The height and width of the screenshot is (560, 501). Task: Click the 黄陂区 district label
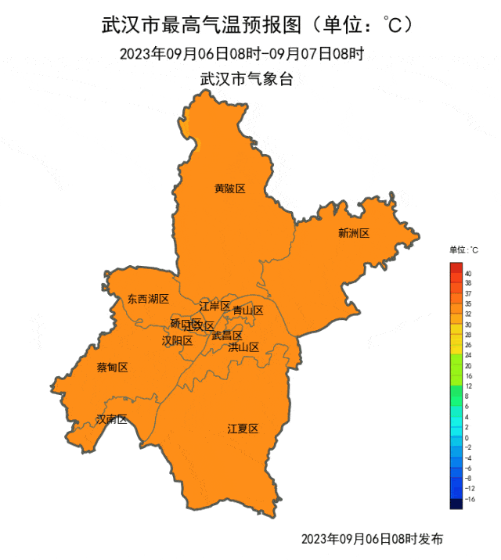click(230, 188)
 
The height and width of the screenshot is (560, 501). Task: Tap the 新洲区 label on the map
click(353, 232)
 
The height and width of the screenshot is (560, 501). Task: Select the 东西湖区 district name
click(148, 299)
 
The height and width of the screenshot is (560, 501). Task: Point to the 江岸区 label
click(214, 306)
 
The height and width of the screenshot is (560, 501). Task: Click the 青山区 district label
click(248, 311)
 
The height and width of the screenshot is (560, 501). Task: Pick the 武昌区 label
click(227, 336)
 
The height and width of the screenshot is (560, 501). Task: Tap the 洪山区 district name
click(243, 346)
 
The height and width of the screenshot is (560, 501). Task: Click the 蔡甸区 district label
click(112, 368)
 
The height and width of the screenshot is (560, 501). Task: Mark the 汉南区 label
click(111, 419)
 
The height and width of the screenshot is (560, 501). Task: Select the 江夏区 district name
click(243, 429)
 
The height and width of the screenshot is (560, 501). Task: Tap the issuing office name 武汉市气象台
click(247, 79)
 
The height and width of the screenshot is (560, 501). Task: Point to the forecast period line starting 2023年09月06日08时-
click(242, 53)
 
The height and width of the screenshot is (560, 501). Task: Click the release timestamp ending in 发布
click(372, 539)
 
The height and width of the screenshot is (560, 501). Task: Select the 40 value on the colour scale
click(467, 274)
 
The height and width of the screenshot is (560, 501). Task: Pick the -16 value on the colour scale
click(469, 498)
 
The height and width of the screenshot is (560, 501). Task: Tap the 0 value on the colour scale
click(467, 438)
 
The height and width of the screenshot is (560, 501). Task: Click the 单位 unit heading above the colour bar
click(463, 250)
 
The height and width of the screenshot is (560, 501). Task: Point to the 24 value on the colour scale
click(468, 355)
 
